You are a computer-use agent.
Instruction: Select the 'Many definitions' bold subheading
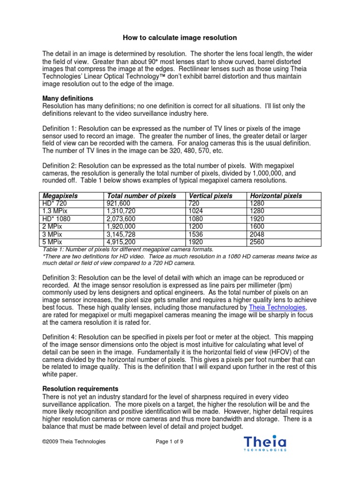(68, 98)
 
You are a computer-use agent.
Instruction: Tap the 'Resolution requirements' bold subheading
(80, 389)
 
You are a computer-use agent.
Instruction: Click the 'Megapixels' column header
(60, 196)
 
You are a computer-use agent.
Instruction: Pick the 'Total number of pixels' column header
(142, 196)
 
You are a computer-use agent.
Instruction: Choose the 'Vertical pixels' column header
(210, 196)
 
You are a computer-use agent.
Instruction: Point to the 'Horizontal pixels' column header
(276, 196)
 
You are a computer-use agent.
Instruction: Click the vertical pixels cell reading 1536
(196, 234)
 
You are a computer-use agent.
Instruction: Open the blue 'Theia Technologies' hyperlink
(278, 307)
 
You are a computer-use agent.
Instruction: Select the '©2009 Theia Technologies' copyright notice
(74, 442)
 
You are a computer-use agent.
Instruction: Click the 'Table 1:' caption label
(53, 250)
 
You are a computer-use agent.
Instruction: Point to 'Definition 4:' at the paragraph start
(60, 337)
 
